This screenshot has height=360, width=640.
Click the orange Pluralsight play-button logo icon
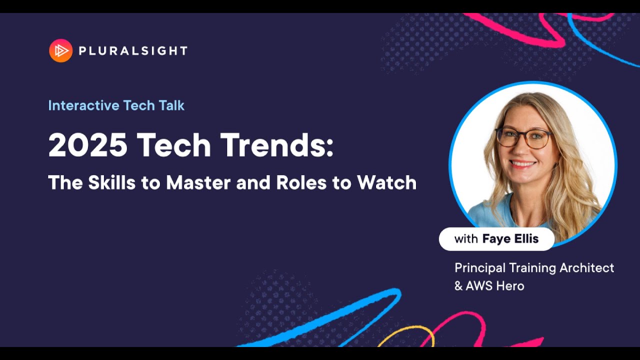point(60,50)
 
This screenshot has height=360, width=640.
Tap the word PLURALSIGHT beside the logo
point(133,50)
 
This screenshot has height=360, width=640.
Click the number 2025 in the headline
point(87,145)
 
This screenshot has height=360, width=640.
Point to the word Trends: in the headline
point(276,145)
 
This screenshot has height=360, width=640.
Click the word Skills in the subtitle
point(111,183)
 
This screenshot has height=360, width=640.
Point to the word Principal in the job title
point(479,268)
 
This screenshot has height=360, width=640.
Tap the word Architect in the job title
point(586,268)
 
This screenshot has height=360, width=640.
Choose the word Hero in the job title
point(511,286)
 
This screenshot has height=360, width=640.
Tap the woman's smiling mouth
point(523,163)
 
